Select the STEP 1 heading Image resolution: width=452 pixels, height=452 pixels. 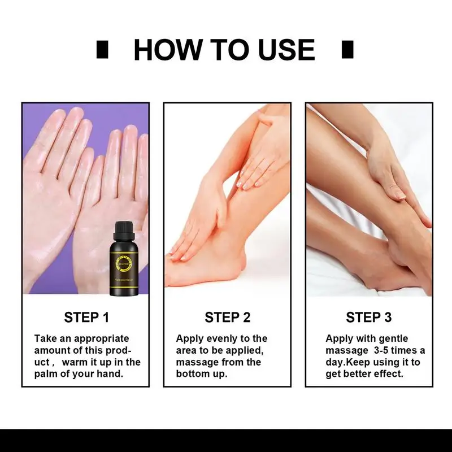tap(86, 318)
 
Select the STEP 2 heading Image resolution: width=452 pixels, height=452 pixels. tap(228, 318)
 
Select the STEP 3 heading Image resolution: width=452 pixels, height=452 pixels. tap(369, 318)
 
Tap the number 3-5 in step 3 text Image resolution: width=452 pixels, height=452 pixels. tap(377, 350)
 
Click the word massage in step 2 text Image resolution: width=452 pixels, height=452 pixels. tap(194, 362)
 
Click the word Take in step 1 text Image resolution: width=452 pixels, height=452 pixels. tap(44, 338)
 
